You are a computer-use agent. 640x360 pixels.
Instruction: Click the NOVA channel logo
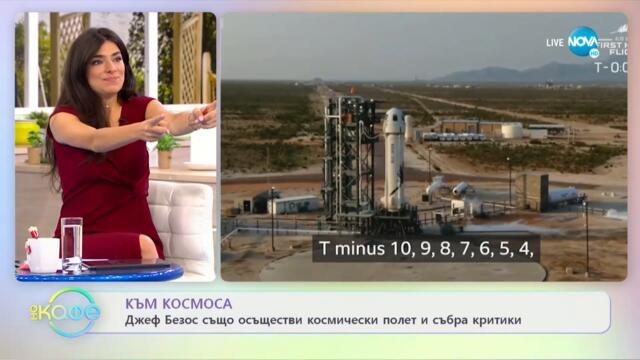click(584, 41)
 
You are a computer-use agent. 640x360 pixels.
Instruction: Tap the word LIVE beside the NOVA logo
click(555, 42)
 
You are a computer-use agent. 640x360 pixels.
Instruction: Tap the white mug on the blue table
click(43, 254)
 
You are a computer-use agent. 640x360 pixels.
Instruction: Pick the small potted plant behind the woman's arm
click(166, 146)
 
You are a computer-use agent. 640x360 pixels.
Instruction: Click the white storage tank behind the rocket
click(511, 130)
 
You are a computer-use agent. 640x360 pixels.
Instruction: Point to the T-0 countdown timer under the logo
click(610, 68)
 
